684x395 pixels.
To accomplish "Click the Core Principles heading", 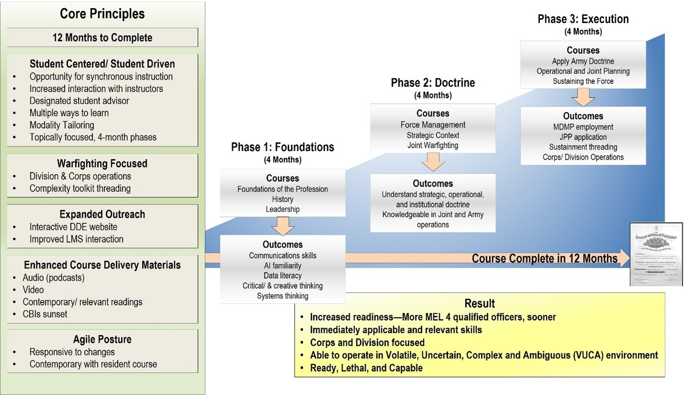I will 102,14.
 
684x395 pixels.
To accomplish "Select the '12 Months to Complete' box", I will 102,38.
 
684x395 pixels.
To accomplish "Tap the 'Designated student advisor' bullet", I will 79,101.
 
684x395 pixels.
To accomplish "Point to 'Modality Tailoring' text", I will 62,125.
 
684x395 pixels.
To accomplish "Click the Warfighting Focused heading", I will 102,164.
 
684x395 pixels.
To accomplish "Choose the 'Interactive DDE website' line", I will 73,227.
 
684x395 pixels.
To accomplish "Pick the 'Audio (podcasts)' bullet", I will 54,278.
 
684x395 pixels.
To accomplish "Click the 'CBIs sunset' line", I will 45,314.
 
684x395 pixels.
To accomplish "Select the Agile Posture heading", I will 102,339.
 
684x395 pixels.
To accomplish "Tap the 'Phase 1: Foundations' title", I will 282,147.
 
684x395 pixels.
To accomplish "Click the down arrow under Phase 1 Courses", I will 282,226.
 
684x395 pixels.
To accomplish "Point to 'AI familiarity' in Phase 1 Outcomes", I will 282,266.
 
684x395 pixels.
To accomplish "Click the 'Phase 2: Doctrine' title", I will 432,83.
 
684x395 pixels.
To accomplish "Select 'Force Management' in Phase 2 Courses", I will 432,125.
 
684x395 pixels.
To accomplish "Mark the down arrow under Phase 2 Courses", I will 432,162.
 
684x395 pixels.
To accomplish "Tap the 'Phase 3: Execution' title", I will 583,19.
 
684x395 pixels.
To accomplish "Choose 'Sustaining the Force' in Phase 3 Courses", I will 583,81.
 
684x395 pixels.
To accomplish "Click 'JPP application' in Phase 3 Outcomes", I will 583,137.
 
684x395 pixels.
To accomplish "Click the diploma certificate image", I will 656,254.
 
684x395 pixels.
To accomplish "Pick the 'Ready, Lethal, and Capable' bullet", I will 366,368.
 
